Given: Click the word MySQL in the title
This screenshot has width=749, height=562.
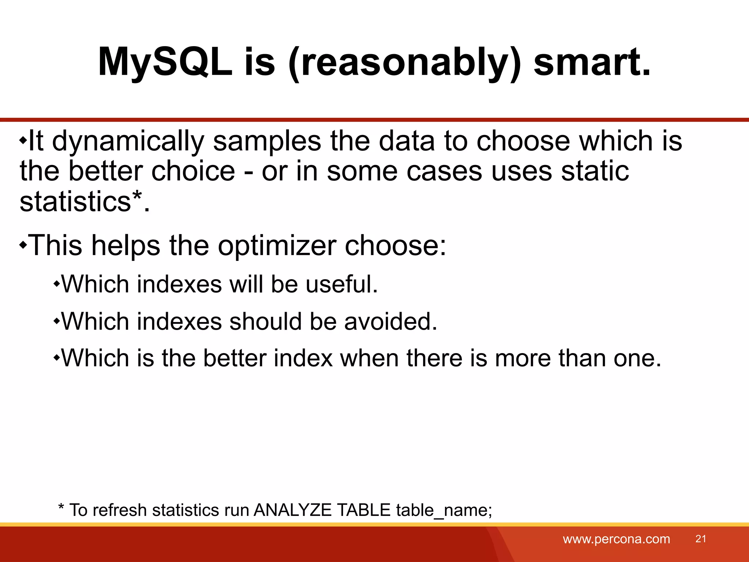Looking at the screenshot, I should click(165, 62).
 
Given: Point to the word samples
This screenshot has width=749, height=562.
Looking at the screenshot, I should click(267, 141).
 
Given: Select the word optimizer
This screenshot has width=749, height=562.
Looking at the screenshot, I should click(277, 246).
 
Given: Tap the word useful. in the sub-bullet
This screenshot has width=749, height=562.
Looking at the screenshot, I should click(342, 284).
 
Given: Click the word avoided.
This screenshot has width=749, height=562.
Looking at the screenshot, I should click(390, 322).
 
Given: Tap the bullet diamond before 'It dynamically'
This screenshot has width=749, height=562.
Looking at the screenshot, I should click(23, 140).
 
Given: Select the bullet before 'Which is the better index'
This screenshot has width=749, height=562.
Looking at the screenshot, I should click(56, 357).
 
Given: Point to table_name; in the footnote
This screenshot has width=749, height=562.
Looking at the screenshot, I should click(444, 510).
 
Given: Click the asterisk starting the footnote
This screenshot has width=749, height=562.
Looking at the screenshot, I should click(61, 507).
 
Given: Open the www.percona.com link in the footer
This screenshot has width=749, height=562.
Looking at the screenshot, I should click(616, 539).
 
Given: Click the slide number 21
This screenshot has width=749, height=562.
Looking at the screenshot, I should click(700, 539).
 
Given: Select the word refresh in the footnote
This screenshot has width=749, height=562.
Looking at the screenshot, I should click(120, 510).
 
